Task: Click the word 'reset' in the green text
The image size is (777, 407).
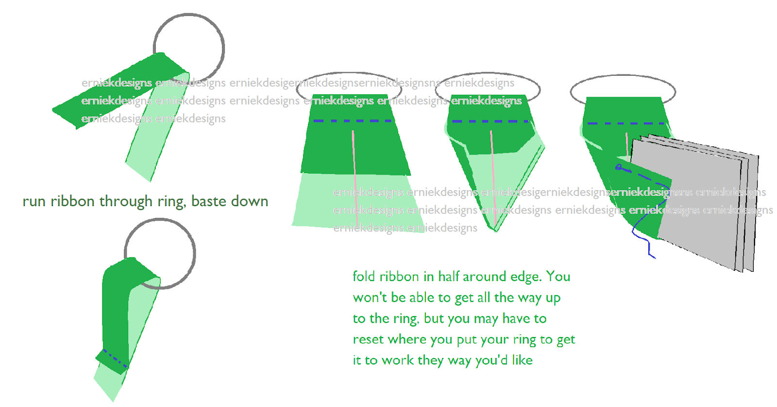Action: point(368,339)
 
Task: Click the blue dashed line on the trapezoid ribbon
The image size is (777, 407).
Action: point(353,121)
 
